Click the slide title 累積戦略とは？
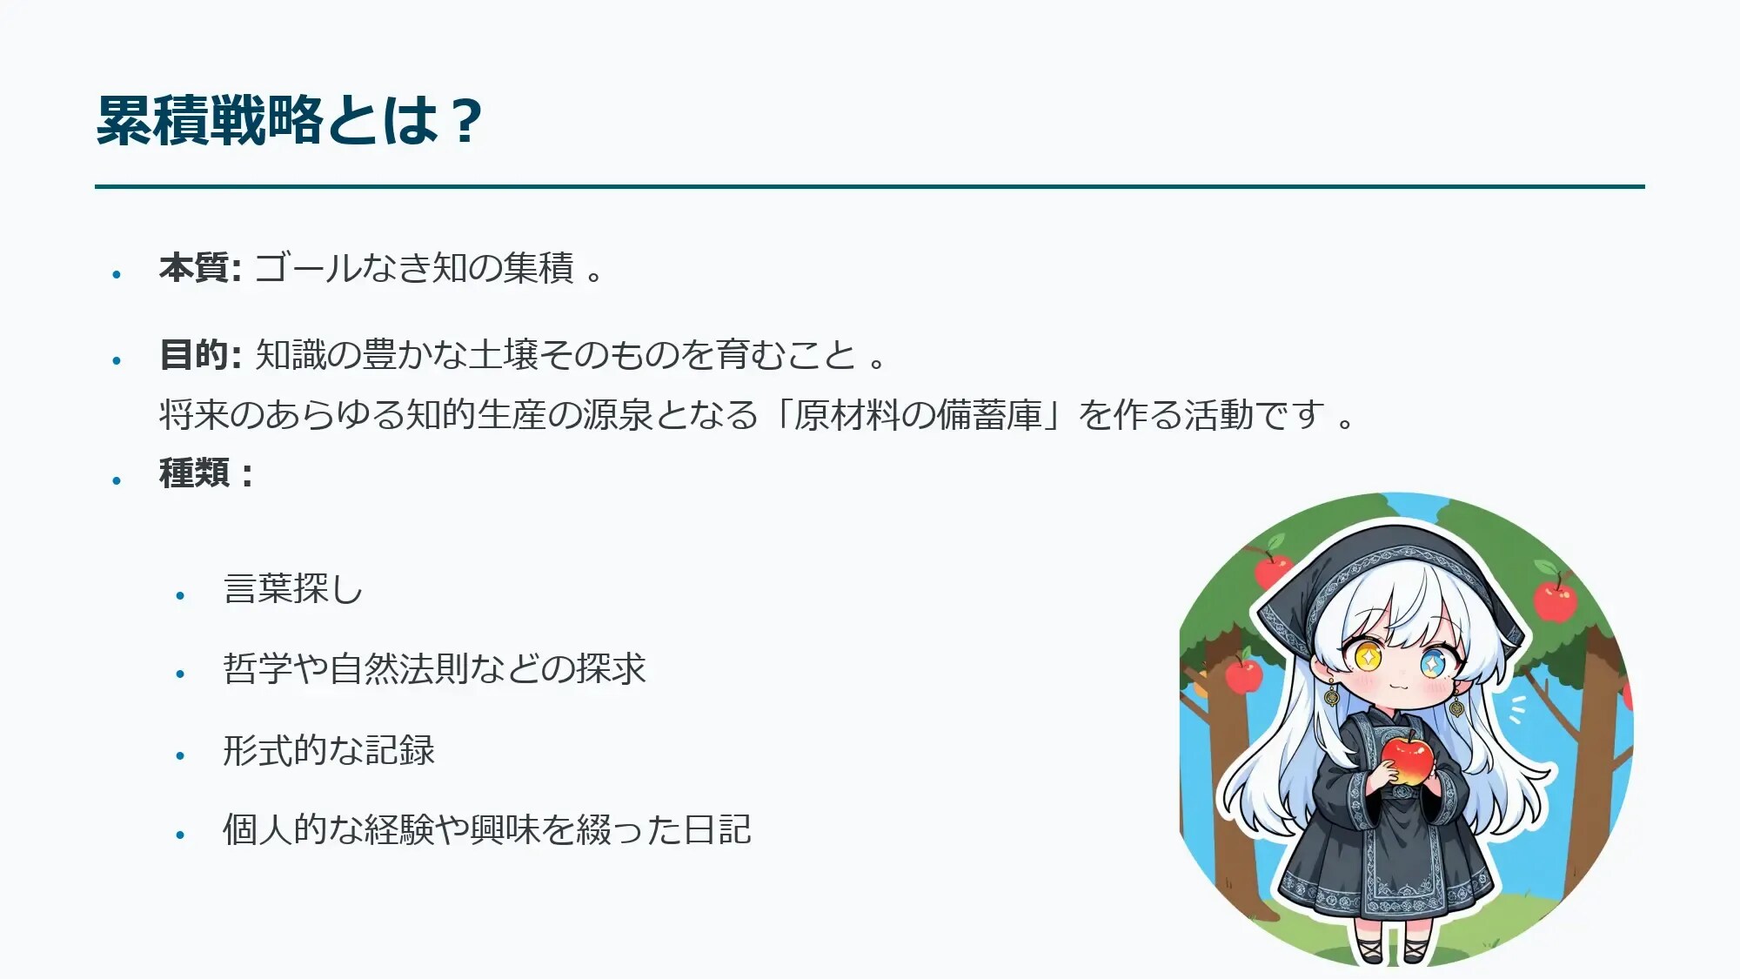pos(289,120)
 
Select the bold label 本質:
pos(200,268)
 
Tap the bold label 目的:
pos(200,355)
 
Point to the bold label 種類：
pos(206,473)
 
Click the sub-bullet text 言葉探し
pos(292,589)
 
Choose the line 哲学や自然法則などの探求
pos(434,669)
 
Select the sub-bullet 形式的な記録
pos(329,750)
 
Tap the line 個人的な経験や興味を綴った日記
pos(487,829)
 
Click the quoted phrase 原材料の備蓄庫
pos(918,415)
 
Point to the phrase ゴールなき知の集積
pos(414,268)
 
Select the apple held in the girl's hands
pos(1407,759)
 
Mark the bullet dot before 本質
pos(117,274)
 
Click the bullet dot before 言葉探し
pos(180,595)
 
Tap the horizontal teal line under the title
pos(870,186)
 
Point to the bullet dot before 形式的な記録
pos(180,755)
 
